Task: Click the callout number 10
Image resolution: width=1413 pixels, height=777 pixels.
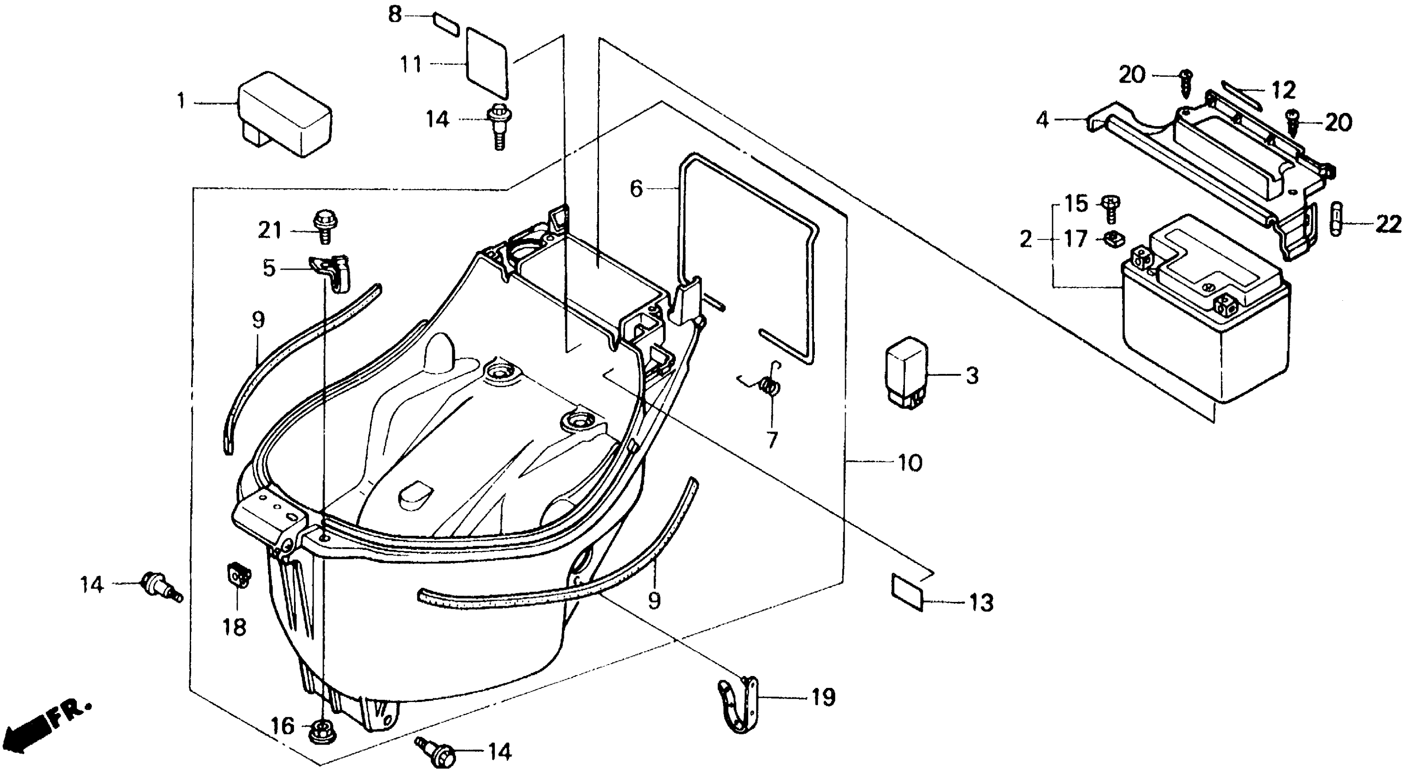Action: pos(910,463)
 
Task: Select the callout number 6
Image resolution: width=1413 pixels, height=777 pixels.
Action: pos(636,189)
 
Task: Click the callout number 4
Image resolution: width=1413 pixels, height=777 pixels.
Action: pos(1042,120)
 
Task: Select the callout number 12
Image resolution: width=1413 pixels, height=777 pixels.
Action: pos(1284,90)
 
